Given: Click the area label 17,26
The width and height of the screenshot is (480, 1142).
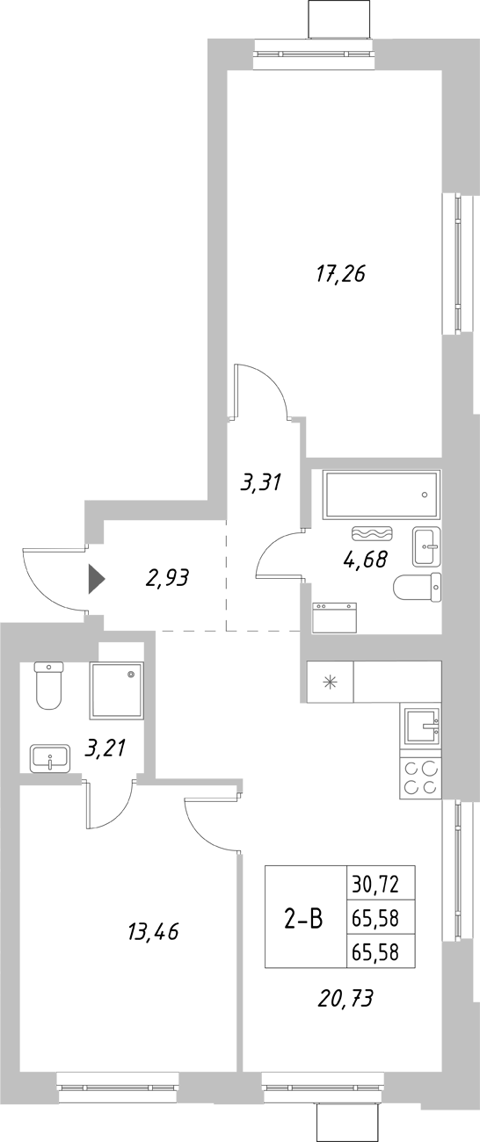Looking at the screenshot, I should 340,274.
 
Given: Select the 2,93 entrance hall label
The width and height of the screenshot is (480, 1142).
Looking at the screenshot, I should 167,578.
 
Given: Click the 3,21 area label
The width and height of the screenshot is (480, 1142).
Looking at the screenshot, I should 105,748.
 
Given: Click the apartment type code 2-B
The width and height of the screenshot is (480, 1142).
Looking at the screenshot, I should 302,919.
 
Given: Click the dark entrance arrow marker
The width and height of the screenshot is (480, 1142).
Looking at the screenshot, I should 96,579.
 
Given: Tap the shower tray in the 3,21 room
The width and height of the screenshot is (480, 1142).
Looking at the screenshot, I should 117,690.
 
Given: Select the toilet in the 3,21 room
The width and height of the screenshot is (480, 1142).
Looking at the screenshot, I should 47,684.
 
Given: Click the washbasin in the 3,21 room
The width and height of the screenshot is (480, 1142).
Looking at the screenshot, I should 50,757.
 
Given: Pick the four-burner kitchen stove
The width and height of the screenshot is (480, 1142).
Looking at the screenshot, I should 419,777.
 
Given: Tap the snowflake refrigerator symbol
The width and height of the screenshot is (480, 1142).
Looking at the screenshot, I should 330,682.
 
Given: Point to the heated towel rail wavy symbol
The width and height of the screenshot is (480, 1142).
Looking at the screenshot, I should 375,532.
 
